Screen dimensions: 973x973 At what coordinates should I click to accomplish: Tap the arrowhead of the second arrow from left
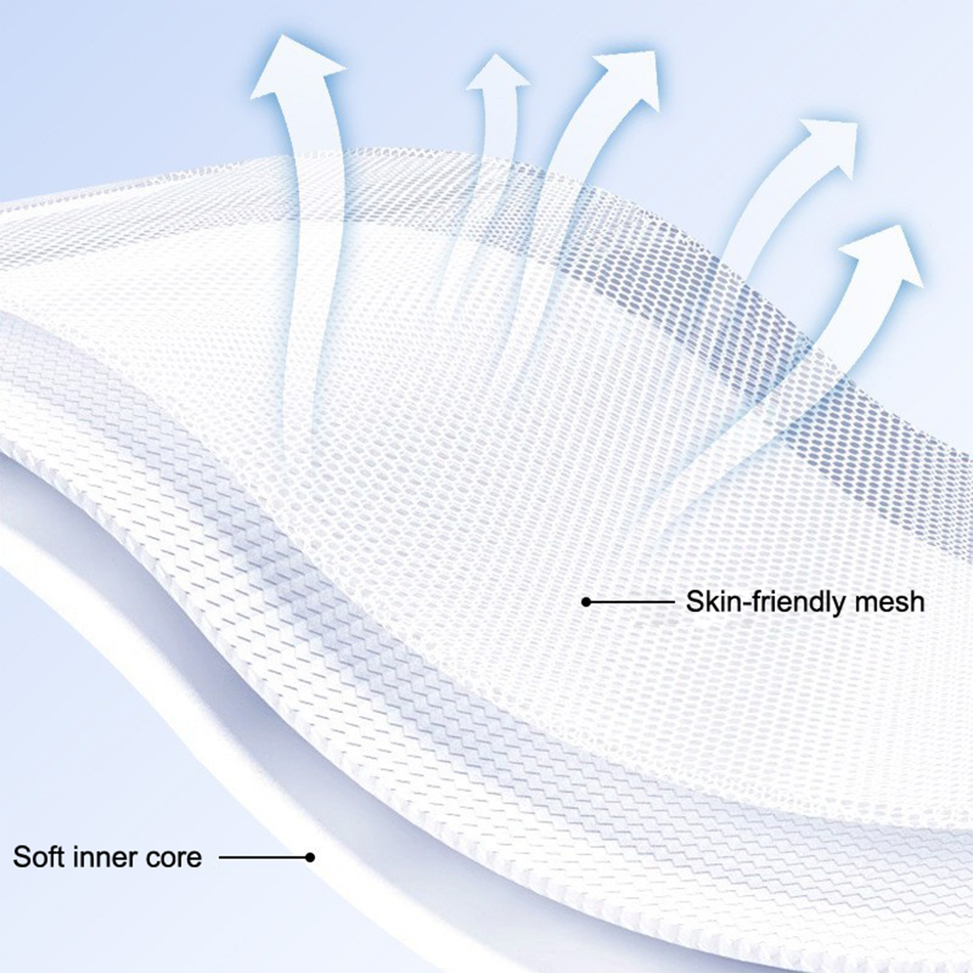click(497, 74)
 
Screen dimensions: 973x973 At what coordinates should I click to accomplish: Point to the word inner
click(105, 857)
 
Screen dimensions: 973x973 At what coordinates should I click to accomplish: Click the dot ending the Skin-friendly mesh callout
click(586, 602)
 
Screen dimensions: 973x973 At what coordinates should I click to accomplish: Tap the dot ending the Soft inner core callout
click(310, 857)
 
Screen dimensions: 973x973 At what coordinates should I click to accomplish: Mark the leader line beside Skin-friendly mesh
click(630, 602)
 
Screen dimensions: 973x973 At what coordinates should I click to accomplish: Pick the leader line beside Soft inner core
click(265, 857)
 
